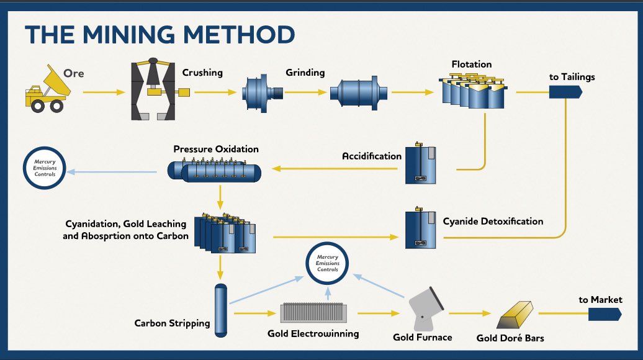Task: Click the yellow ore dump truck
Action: pos(45,90)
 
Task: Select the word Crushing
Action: pos(202,73)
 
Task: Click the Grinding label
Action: pos(305,73)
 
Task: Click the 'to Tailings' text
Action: pos(572,77)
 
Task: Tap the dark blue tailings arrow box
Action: pos(565,92)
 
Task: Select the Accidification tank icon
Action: pos(420,165)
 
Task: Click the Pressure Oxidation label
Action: pos(216,150)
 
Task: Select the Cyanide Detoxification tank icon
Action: pos(420,230)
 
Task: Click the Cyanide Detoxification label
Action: pos(493,221)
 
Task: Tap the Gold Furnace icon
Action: pos(425,309)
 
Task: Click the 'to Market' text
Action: pos(600,300)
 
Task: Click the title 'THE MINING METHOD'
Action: pos(160,35)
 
